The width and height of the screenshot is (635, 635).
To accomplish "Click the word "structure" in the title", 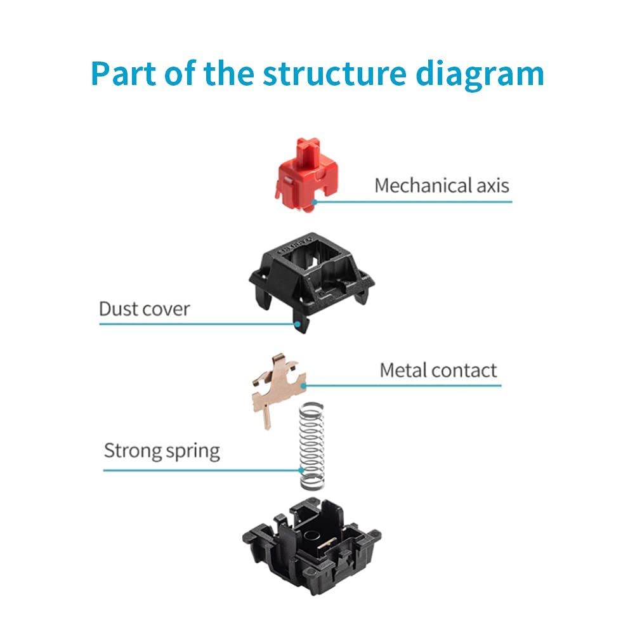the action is tap(334, 74).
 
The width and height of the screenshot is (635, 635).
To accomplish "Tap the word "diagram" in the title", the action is tap(480, 75).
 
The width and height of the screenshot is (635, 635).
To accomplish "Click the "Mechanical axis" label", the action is tap(442, 185).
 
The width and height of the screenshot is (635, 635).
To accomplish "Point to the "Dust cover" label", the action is tap(144, 309).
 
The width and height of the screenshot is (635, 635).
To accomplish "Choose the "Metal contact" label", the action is tap(438, 370).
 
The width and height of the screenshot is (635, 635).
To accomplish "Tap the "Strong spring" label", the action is tap(162, 451).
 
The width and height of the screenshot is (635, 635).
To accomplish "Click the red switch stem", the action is tap(306, 174).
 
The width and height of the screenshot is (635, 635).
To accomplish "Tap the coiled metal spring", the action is tap(312, 446).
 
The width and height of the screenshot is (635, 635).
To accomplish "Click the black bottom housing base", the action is tap(312, 546).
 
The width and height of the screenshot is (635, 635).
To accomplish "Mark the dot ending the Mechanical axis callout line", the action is tap(315, 202).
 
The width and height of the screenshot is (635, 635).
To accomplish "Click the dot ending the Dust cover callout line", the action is tap(298, 324).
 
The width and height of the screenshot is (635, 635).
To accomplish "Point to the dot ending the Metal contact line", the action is tap(304, 386).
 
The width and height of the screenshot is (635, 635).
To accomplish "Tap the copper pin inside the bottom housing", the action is tap(327, 543).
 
